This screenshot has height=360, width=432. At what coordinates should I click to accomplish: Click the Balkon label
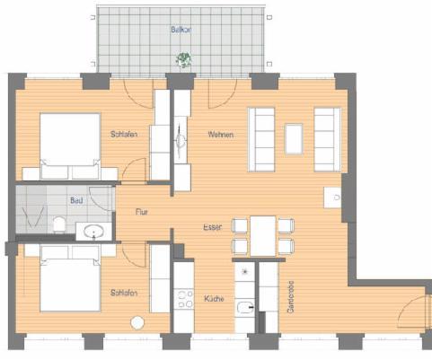[181, 30]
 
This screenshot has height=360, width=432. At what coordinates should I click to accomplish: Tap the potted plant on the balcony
[184, 60]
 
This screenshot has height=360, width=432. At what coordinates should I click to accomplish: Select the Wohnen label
[220, 135]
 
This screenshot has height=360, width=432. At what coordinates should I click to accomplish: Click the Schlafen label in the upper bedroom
[123, 135]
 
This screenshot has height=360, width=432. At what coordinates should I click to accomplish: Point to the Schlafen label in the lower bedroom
[123, 293]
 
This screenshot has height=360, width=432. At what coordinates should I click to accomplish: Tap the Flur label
[141, 213]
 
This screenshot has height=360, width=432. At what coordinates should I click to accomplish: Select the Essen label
[212, 227]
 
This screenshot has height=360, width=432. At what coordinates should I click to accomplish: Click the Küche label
[213, 298]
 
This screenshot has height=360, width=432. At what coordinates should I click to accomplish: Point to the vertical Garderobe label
[290, 297]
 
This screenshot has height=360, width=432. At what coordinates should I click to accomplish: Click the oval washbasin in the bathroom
[93, 233]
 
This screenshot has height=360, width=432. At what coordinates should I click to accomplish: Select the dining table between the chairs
[261, 234]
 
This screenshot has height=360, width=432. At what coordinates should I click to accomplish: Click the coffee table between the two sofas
[295, 137]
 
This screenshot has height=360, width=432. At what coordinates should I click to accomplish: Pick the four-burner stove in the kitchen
[185, 298]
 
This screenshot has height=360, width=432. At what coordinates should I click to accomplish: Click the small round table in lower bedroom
[137, 323]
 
